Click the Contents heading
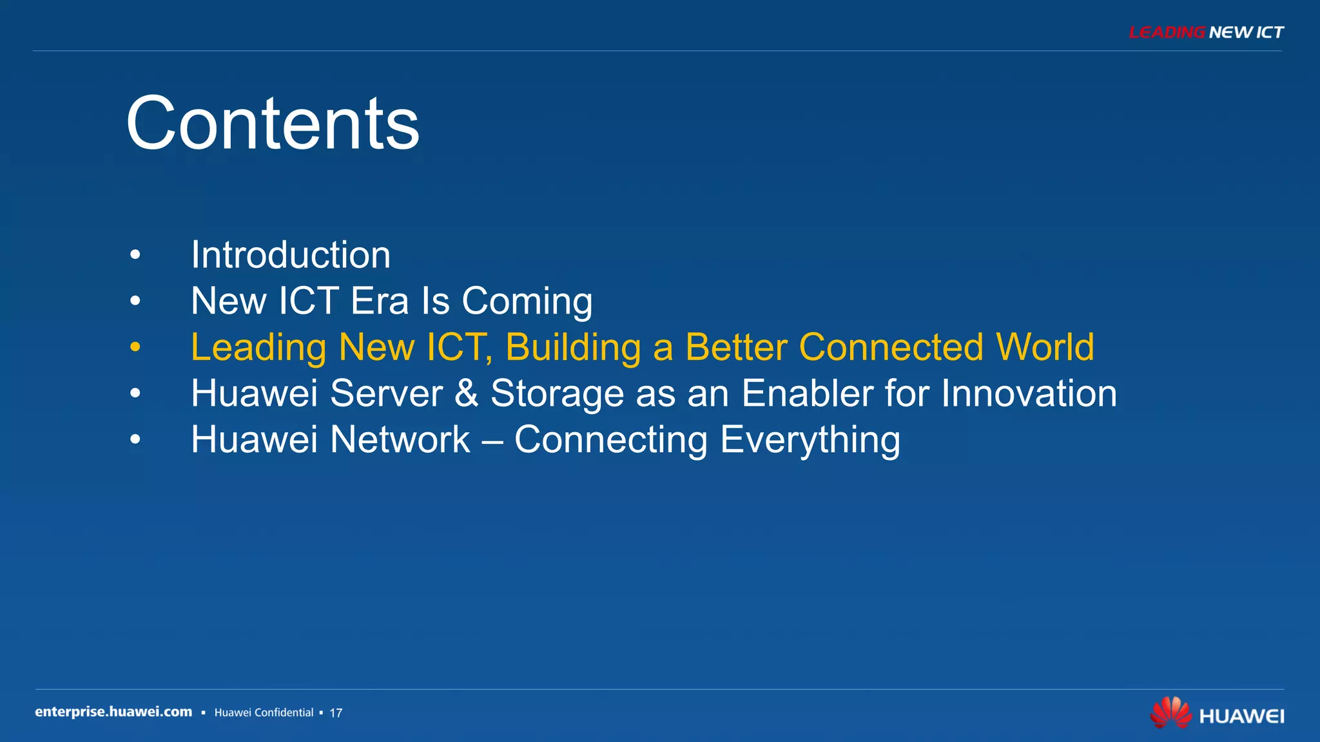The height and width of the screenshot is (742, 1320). click(273, 123)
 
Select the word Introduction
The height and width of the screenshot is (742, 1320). click(291, 255)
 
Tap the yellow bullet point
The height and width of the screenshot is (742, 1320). click(135, 347)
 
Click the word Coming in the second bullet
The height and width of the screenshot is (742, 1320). click(527, 301)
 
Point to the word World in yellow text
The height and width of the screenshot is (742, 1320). click(1045, 347)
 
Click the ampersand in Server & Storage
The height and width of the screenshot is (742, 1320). click(466, 394)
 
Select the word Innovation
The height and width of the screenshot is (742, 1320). click(1029, 394)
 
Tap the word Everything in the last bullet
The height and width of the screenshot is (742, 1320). click(810, 440)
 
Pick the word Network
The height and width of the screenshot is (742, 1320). click(400, 440)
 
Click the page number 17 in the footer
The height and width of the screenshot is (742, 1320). click(336, 713)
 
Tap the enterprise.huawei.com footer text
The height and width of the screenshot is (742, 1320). click(113, 712)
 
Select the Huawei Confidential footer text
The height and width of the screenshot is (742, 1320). click(264, 712)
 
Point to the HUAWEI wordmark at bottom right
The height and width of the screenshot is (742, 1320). click(1241, 716)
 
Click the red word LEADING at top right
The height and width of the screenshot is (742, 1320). click(1167, 32)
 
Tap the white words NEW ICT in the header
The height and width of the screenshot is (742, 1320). click(1246, 32)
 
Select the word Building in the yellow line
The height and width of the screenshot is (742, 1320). click(573, 347)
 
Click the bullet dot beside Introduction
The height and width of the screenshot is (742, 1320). click(135, 255)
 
